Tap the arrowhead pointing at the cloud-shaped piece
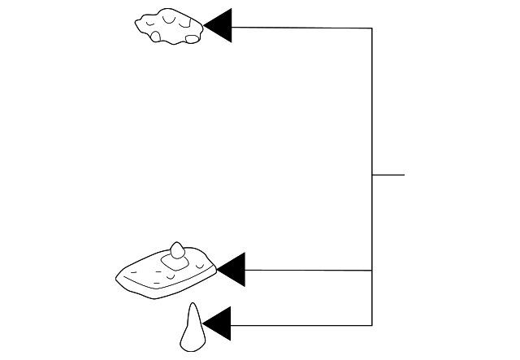point(220,27)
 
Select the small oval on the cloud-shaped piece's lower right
point(193,37)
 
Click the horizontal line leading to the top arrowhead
point(301,28)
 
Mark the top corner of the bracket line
point(372,28)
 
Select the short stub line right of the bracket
point(388,175)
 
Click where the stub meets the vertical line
point(372,175)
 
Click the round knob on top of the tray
point(178,249)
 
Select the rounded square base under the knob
point(175,262)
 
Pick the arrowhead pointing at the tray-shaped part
point(232,270)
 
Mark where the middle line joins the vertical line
point(372,270)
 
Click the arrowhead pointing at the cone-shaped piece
point(219,324)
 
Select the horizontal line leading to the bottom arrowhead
point(301,325)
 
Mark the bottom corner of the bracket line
point(372,325)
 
